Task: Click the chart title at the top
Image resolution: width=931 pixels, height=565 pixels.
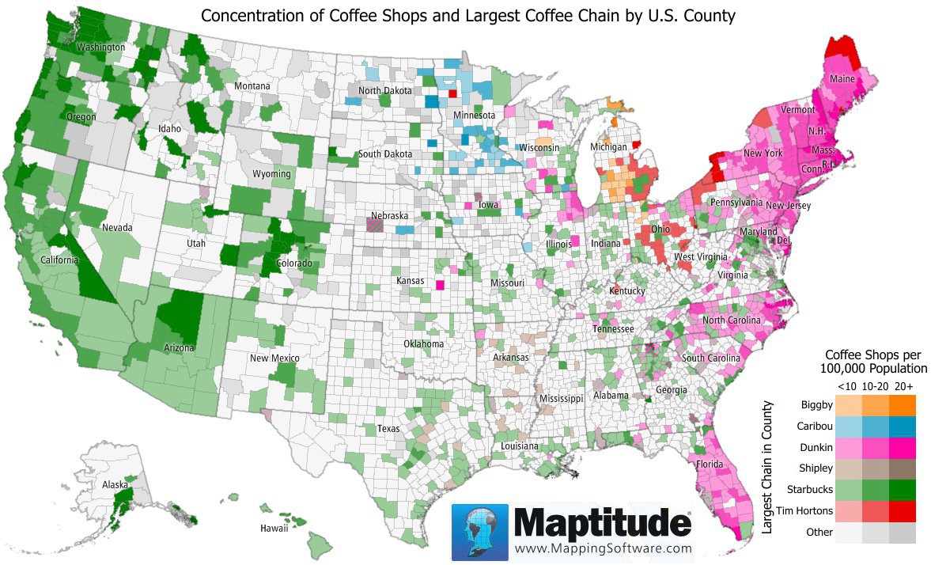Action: pyautogui.click(x=467, y=15)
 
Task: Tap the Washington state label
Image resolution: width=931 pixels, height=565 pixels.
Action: pyautogui.click(x=100, y=47)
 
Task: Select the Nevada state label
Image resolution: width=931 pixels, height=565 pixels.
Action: pyautogui.click(x=116, y=228)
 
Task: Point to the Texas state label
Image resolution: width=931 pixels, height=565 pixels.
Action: pyautogui.click(x=388, y=428)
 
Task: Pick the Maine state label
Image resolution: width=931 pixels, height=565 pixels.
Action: pyautogui.click(x=841, y=79)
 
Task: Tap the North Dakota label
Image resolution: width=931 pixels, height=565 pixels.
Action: pyautogui.click(x=385, y=91)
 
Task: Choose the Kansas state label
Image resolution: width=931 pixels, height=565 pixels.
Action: pyautogui.click(x=410, y=281)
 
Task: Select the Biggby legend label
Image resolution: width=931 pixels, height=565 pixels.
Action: pyautogui.click(x=817, y=405)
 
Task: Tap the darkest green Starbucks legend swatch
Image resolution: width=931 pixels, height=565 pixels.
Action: pyautogui.click(x=903, y=490)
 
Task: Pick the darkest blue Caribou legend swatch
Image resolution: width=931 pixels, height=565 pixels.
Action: pyautogui.click(x=903, y=427)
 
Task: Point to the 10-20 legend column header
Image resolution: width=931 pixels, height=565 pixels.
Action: pyautogui.click(x=872, y=386)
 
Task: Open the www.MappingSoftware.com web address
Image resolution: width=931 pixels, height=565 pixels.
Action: pyautogui.click(x=603, y=548)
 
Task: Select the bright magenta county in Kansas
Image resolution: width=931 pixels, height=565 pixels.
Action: pyautogui.click(x=440, y=285)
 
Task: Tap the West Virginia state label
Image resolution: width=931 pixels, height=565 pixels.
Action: pyautogui.click(x=700, y=258)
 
